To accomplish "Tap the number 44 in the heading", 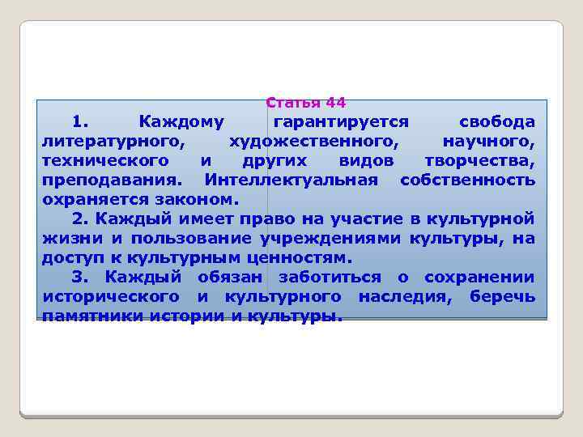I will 335,103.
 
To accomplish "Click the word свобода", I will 496,122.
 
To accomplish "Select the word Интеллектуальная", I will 291,179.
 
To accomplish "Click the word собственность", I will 467,179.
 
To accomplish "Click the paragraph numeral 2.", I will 79,218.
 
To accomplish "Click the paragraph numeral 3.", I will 79,277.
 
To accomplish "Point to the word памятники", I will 92,316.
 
